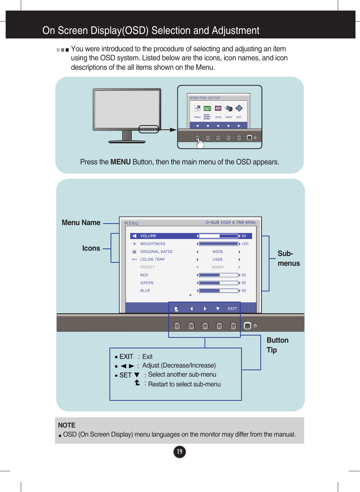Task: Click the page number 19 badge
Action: [180, 452]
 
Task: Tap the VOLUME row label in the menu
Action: [148, 236]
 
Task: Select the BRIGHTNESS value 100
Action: [245, 244]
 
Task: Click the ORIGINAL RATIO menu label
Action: [156, 252]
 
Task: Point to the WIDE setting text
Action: [217, 252]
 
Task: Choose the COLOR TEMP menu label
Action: [152, 259]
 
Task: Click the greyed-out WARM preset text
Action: [217, 267]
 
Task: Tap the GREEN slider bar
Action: [218, 283]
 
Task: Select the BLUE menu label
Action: [145, 291]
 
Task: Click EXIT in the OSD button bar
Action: [232, 309]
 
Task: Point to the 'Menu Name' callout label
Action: [81, 223]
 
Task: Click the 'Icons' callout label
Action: [91, 248]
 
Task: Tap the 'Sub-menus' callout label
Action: [288, 259]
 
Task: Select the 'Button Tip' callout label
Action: [277, 345]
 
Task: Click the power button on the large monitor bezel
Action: [247, 326]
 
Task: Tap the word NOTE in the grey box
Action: [67, 425]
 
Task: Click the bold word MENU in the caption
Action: [120, 162]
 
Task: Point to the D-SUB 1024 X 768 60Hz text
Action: [231, 222]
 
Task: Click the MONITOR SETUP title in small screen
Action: [205, 98]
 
